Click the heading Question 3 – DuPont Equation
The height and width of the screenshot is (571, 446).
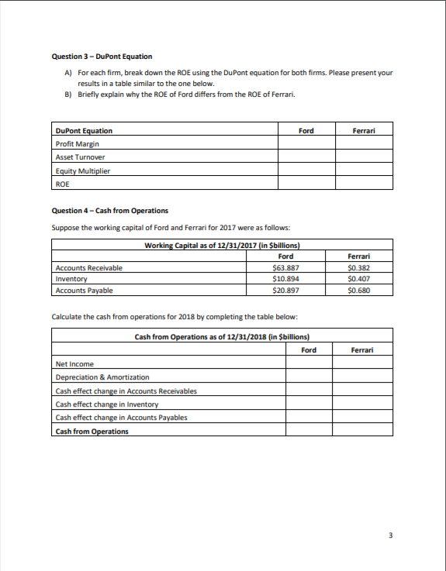102,57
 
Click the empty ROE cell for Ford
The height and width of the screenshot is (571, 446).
306,184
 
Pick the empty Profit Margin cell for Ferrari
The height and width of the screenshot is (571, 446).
364,144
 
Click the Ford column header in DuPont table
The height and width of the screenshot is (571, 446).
306,131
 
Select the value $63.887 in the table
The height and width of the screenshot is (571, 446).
285,268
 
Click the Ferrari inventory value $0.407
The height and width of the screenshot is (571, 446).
358,279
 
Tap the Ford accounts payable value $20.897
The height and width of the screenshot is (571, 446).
285,291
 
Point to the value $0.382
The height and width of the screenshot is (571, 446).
358,268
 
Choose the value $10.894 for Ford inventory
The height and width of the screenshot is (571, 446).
285,279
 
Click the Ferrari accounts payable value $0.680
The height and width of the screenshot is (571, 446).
358,291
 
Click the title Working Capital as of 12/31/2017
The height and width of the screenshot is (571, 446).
222,246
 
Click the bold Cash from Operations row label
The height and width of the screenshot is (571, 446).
92,431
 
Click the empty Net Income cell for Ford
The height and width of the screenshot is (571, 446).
308,364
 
